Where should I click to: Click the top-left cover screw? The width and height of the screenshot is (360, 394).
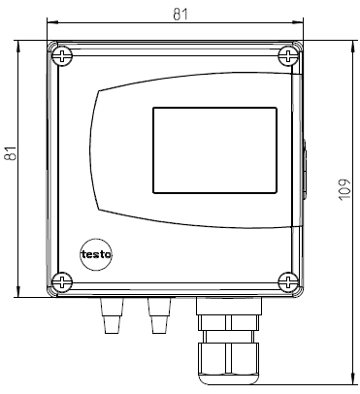62,56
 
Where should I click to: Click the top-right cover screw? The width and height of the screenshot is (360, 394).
288,56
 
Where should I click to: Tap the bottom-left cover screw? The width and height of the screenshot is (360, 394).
62,281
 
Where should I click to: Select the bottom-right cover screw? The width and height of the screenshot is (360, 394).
288,281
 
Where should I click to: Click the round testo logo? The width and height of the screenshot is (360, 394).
96,254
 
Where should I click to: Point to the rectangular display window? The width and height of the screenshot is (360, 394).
214,150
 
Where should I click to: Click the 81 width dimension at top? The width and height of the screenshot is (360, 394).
180,15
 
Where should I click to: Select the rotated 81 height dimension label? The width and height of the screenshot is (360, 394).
11,153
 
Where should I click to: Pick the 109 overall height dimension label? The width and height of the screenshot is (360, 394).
345,189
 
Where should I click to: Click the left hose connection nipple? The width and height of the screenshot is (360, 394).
112,315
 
